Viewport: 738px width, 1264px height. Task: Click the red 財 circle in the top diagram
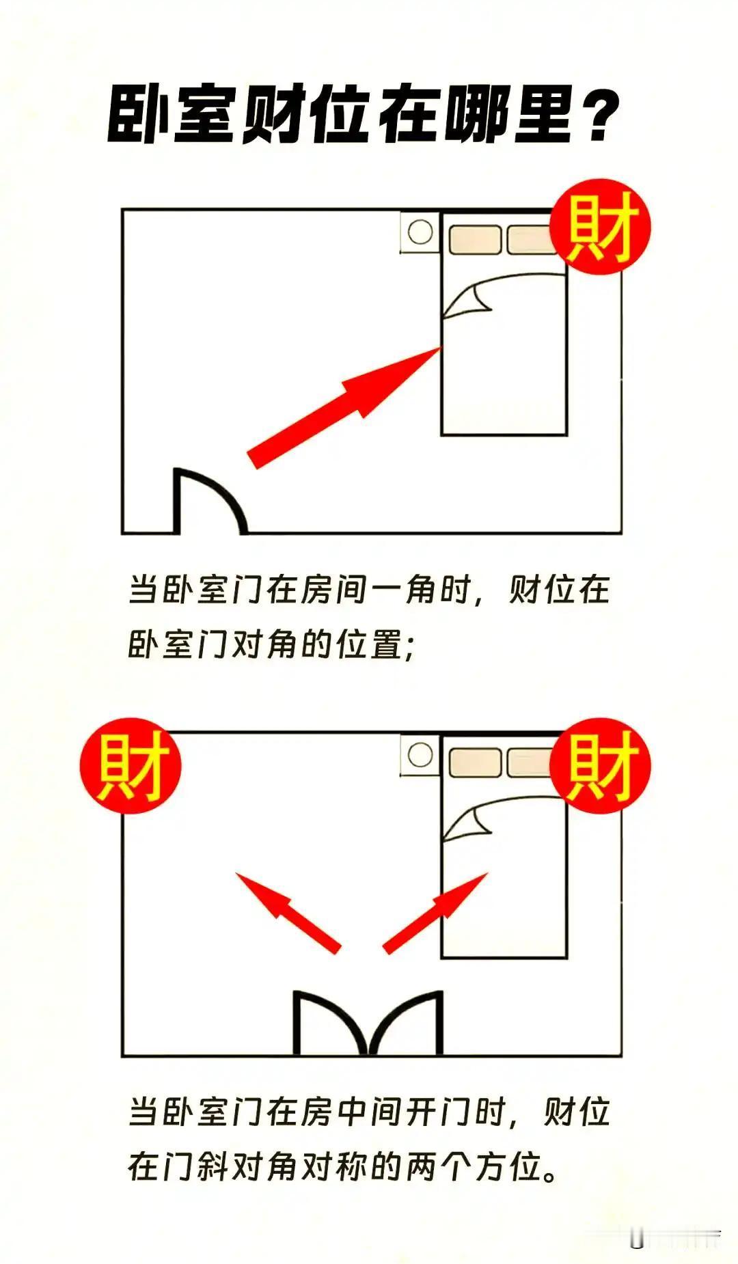click(x=601, y=228)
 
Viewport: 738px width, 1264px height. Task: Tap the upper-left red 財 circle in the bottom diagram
click(x=131, y=765)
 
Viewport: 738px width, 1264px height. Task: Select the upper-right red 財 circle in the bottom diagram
click(x=601, y=765)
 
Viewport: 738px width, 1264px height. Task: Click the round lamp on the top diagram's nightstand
click(x=420, y=232)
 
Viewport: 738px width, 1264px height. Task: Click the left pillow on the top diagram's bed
click(x=475, y=240)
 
